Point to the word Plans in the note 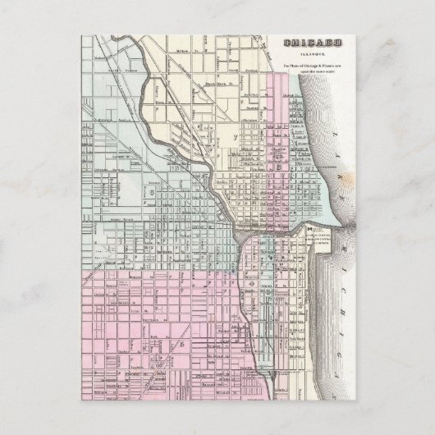[300, 65]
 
